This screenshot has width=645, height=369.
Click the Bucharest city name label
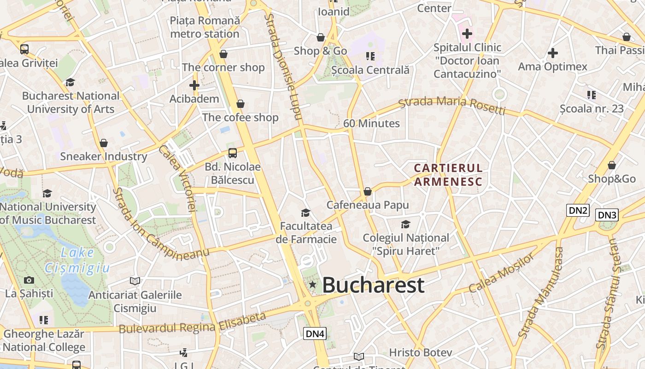[x=373, y=285]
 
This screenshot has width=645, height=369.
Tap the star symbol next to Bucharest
[x=313, y=285]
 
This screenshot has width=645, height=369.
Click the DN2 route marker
[x=578, y=211]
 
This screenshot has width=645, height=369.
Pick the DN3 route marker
[x=607, y=215]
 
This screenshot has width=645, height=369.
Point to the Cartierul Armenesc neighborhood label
[x=448, y=175]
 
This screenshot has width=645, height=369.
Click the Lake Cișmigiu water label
[x=77, y=260]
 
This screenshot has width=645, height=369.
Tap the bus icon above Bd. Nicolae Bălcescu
[x=233, y=153]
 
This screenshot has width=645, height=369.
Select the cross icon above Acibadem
[x=194, y=85]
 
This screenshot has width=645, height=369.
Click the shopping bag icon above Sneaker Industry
[x=104, y=143]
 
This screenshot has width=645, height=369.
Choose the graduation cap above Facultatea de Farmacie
[x=305, y=213]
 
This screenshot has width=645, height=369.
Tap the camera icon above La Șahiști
[x=29, y=280]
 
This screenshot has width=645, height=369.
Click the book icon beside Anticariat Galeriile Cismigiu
[x=135, y=281]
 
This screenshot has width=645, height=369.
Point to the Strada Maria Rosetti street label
[x=452, y=105]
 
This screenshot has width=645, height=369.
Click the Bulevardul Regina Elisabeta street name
[x=193, y=323]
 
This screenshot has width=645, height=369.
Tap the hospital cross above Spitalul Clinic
[x=467, y=34]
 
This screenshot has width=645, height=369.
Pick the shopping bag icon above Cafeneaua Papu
[x=368, y=191]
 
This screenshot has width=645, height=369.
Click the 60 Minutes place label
[x=371, y=124]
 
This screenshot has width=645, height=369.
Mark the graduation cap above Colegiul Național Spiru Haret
[x=405, y=224]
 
